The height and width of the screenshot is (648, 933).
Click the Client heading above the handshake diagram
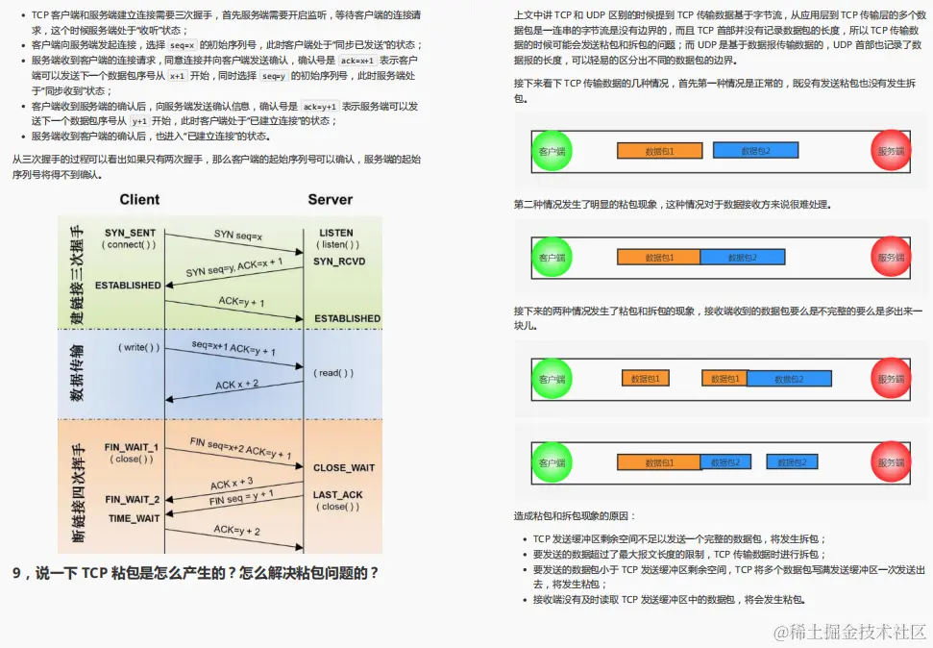pos(139,200)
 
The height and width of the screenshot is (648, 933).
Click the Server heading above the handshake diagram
pos(330,200)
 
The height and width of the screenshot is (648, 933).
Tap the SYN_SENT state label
pos(130,233)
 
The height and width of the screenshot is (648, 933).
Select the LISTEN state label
pos(335,233)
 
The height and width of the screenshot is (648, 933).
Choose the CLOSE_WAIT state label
pos(343,468)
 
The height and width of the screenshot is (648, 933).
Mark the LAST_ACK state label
pos(338,494)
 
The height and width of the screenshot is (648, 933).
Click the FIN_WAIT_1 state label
pos(132,447)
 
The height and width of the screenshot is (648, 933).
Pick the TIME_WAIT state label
pos(134,518)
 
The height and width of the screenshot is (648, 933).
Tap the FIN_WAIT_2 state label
pos(132,499)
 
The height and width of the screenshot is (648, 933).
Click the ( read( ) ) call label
pos(333,372)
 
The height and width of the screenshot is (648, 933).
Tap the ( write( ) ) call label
pos(139,347)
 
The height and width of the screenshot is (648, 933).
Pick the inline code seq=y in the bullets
pos(272,76)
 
